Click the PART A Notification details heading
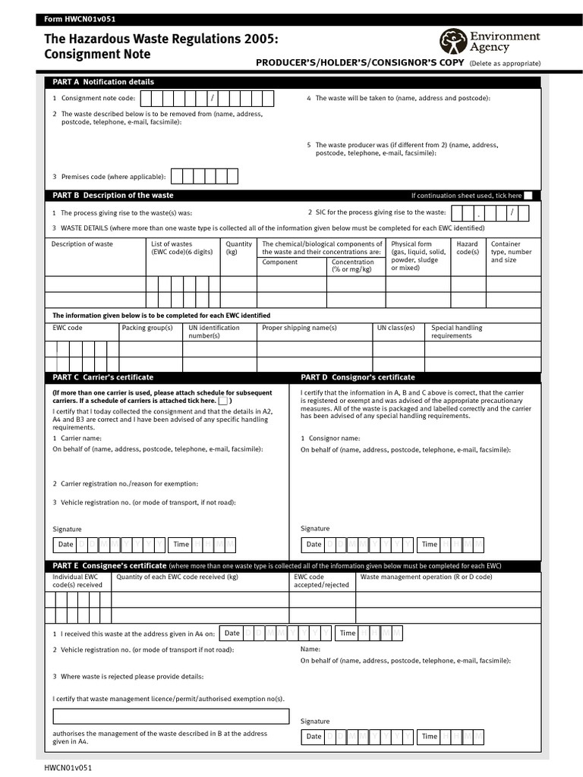click(103, 82)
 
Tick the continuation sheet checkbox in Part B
click(528, 196)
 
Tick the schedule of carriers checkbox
click(224, 401)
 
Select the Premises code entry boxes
click(204, 176)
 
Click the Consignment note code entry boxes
click(208, 99)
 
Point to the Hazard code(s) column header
click(467, 248)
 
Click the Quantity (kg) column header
click(238, 248)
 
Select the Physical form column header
click(418, 256)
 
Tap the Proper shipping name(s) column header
click(299, 328)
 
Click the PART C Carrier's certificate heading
click(103, 377)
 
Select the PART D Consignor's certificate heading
click(358, 377)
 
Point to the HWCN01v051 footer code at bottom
click(68, 768)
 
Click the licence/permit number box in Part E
click(171, 716)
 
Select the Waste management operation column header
click(426, 577)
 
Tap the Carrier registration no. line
click(125, 483)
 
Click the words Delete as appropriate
click(505, 64)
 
